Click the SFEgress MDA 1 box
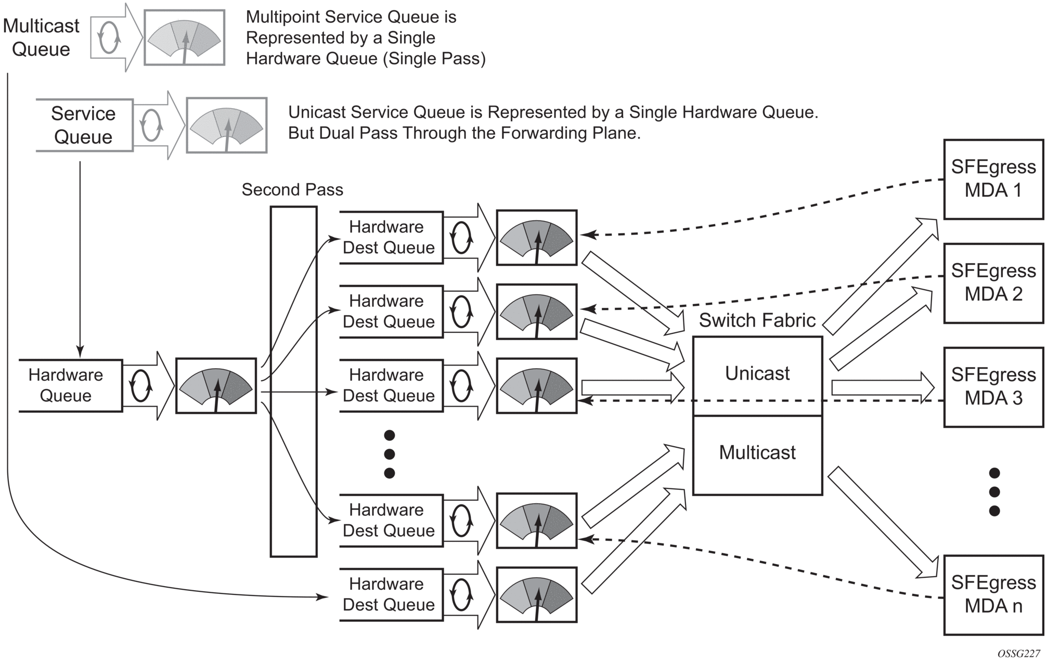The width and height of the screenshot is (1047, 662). (993, 179)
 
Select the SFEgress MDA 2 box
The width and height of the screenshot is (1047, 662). (993, 283)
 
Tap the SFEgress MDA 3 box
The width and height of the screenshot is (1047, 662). (993, 387)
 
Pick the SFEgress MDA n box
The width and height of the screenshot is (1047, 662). (993, 595)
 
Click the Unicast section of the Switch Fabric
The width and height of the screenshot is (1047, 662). (757, 374)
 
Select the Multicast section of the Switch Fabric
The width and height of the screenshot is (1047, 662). (757, 453)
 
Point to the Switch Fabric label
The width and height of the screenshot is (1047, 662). (757, 320)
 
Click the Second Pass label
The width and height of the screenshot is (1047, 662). (292, 190)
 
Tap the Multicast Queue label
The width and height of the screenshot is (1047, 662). (41, 37)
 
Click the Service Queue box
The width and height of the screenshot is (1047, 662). (84, 125)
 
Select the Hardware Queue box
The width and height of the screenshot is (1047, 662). (66, 385)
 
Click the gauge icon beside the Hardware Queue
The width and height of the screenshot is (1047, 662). (216, 386)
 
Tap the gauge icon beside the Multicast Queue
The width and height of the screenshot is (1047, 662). (184, 37)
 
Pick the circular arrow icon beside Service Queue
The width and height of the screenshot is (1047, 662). (151, 125)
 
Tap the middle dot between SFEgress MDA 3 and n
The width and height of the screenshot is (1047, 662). (994, 491)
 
